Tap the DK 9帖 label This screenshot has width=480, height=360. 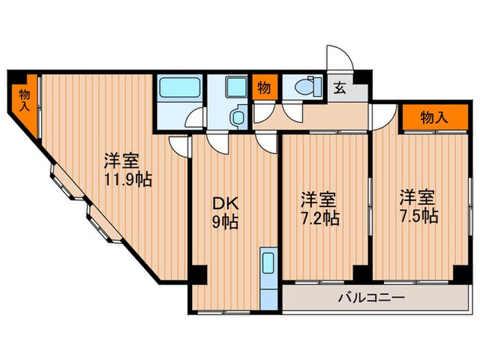click(x=224, y=213)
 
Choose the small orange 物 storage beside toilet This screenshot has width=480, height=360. click(x=264, y=88)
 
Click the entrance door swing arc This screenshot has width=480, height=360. click(x=339, y=58)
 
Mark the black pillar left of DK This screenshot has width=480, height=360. click(x=197, y=274)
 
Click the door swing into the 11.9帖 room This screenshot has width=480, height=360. click(x=178, y=145)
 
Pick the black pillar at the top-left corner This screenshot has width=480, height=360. click(x=16, y=77)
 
